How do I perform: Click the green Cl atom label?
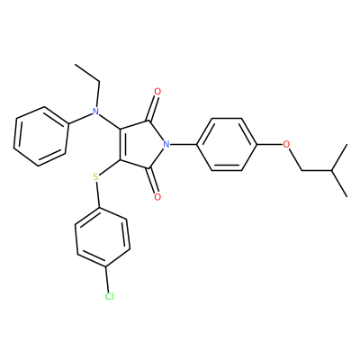110,296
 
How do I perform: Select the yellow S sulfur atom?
95,177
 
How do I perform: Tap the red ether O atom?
287,145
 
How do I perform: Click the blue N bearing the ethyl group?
95,112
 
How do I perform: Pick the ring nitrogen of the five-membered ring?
166,145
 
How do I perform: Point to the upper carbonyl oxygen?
157,91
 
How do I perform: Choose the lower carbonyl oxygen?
157,197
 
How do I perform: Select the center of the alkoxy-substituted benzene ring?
227,145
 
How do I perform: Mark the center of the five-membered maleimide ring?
141,145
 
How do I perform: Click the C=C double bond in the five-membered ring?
120,145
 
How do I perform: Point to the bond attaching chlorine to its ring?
107,279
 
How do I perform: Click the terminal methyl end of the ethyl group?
75,64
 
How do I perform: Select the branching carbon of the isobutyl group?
332,171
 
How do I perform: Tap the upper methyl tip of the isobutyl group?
347,145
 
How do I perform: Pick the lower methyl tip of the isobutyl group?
347,197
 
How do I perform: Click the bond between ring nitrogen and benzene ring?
183,145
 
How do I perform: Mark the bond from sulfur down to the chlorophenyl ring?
97,194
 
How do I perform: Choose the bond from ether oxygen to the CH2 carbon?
295,160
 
